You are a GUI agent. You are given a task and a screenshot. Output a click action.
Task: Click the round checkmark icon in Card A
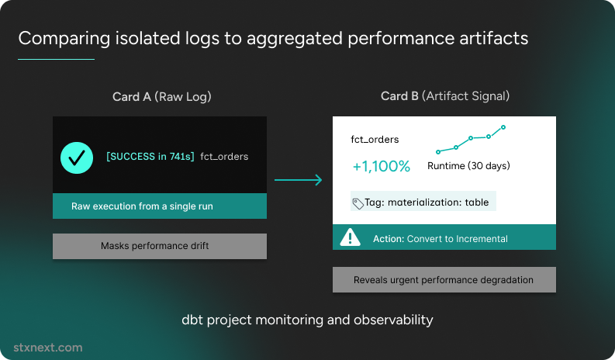point(77,157)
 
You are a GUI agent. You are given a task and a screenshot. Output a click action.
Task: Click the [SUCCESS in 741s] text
point(150,157)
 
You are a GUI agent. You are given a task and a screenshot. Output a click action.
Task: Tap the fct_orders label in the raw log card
point(224,157)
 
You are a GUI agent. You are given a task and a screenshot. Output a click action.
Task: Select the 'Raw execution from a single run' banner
point(160,206)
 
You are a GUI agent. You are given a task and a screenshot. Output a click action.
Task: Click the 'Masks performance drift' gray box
point(160,246)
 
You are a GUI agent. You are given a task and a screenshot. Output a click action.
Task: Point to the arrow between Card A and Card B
point(298,180)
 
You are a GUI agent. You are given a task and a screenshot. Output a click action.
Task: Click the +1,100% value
point(382,167)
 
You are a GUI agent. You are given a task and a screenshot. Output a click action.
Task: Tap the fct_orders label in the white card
point(375,140)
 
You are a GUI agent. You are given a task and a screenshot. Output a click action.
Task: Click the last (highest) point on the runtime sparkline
point(503,127)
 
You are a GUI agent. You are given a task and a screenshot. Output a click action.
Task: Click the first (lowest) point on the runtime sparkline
point(438,152)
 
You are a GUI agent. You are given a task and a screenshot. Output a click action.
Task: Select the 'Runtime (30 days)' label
point(468,166)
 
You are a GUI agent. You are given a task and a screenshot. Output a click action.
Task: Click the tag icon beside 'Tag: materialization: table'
point(358,204)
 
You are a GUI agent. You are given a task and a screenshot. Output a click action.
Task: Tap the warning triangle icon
point(350,237)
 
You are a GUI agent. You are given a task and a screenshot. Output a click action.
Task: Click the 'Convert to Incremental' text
point(458,239)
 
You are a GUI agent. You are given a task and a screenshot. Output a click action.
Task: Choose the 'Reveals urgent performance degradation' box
point(444,279)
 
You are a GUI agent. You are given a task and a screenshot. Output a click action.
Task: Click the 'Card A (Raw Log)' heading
point(161,96)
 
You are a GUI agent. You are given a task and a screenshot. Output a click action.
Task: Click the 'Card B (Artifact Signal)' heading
point(445,96)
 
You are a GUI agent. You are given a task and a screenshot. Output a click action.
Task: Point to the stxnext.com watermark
point(48,348)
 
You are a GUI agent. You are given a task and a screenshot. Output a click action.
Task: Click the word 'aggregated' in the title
point(295,39)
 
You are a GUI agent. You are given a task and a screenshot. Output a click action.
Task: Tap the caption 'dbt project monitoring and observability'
point(307,320)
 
